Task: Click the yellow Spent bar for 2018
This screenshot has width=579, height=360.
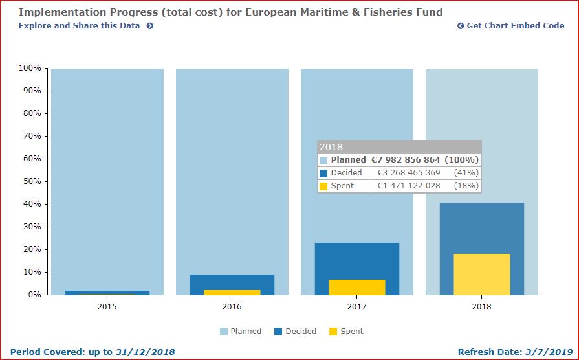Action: point(481,274)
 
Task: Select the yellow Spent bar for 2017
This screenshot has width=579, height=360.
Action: point(356,287)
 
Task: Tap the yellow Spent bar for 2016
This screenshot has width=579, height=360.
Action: point(232,292)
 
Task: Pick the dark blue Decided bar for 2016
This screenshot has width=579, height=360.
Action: point(232,282)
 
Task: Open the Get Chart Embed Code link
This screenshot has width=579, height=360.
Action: point(510,26)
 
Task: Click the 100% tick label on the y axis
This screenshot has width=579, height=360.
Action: point(30,68)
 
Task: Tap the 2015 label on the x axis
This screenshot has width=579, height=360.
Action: point(107,306)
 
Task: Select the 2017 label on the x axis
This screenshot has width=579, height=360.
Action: point(356,306)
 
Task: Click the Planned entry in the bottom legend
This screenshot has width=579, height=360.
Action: point(240,332)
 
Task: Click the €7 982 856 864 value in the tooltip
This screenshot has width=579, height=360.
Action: point(405,160)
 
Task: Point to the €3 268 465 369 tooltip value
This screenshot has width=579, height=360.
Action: point(408,173)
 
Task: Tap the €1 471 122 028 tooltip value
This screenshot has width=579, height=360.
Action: point(408,186)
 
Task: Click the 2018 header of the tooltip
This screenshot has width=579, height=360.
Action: point(331,147)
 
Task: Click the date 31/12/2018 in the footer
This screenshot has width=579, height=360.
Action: point(145,352)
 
